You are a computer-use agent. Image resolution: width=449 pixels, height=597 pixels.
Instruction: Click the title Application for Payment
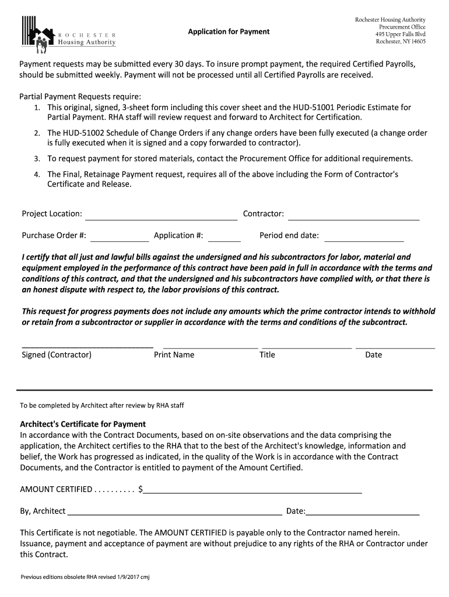229,31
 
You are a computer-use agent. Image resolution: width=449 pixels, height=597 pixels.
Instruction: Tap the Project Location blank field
162,215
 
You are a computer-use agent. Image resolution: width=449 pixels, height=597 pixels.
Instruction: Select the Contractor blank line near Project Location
354,215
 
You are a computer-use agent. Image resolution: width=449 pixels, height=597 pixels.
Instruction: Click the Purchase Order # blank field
120,237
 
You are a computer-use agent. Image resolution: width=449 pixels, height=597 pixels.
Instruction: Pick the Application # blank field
224,237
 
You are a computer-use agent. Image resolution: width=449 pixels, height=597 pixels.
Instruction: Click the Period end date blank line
364,237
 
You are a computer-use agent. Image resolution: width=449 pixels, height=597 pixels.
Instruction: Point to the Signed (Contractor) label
57,354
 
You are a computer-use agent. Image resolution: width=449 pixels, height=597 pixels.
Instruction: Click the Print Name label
174,354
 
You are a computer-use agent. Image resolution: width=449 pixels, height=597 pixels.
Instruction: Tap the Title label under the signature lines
267,354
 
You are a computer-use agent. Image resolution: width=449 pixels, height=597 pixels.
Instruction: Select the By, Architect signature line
174,512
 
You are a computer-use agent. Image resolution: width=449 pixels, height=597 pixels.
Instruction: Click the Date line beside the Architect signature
363,512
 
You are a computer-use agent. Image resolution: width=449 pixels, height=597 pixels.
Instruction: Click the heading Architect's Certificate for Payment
83,424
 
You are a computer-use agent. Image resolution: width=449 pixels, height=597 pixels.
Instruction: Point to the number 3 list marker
36,159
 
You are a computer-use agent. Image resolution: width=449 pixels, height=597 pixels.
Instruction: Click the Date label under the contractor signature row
373,354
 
